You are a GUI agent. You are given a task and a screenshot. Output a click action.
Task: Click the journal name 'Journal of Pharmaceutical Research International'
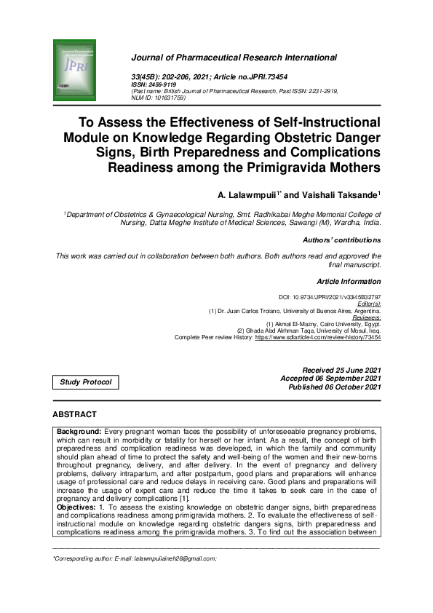tap(234, 58)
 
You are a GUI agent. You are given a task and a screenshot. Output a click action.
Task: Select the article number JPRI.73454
tap(252, 76)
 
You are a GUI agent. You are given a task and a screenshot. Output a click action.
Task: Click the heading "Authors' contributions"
tap(341, 240)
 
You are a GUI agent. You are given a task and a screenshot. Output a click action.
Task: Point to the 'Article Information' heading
tap(349, 281)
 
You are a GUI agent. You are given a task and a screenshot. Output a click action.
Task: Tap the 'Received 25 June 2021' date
tap(341, 371)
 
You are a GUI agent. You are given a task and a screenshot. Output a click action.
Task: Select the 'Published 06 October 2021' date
tap(335, 387)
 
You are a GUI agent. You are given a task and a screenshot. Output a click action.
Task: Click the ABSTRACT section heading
tap(74, 414)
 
